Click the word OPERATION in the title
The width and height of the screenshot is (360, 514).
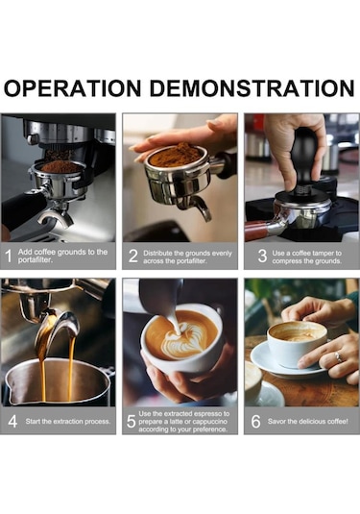tap(72, 87)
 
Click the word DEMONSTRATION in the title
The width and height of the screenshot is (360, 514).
tap(252, 87)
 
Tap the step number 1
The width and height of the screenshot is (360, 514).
tap(9, 256)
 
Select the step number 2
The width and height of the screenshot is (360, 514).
tap(133, 256)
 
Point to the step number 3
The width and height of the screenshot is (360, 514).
tap(262, 256)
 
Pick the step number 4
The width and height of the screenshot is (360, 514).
tap(12, 421)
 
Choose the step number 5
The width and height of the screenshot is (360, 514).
tap(131, 421)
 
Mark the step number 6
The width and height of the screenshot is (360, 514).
tap(255, 421)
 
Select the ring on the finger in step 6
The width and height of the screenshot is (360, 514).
tap(338, 356)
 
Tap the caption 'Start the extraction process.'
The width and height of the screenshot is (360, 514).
tap(68, 422)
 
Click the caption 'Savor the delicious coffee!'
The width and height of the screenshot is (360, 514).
tap(308, 422)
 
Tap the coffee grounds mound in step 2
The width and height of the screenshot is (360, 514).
tap(176, 154)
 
